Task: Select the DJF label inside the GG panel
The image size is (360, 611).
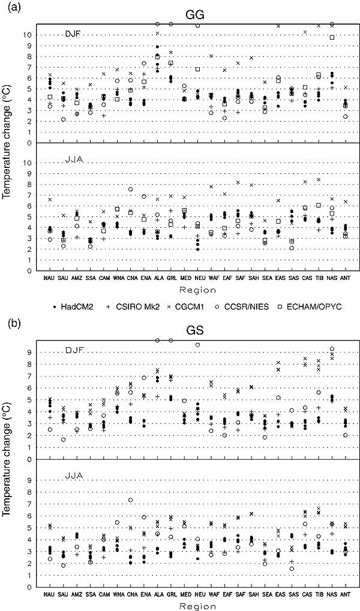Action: click(74, 34)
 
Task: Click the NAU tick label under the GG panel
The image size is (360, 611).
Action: click(50, 278)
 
